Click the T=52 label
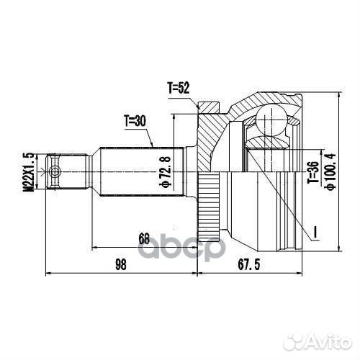point(178,89)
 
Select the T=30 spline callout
point(134,121)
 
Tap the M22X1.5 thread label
point(29,171)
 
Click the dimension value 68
point(144,238)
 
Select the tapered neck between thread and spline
point(93,171)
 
